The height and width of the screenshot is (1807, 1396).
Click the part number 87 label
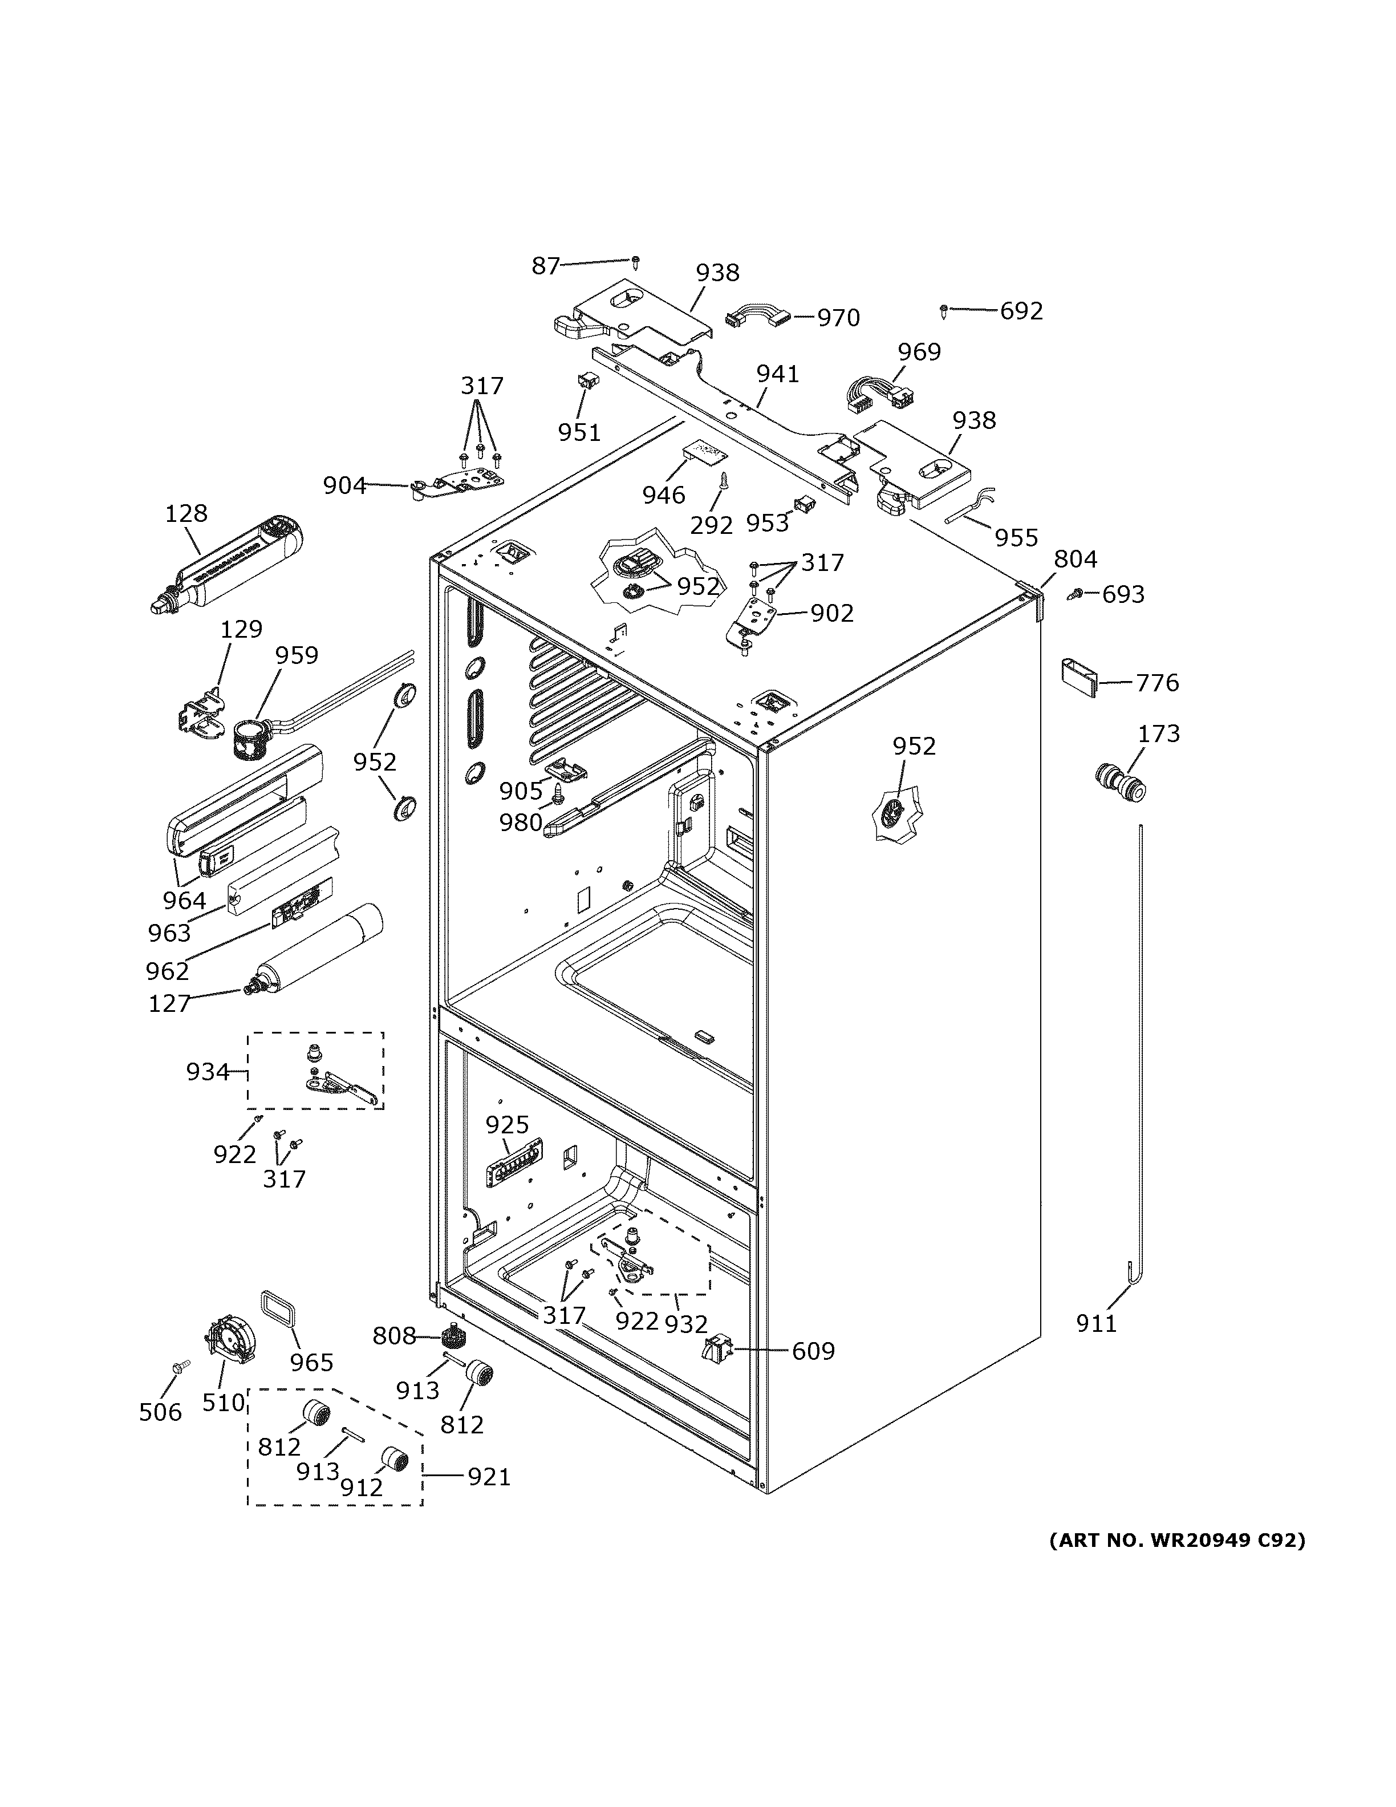545,266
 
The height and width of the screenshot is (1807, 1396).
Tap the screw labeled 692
944,311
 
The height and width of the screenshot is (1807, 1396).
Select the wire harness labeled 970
756,318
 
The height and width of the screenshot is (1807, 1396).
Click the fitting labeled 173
1121,783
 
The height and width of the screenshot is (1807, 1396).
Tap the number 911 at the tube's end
1096,1324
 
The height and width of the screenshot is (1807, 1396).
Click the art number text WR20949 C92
1178,1539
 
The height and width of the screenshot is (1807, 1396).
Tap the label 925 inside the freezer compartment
506,1124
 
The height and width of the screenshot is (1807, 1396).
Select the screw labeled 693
1078,593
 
